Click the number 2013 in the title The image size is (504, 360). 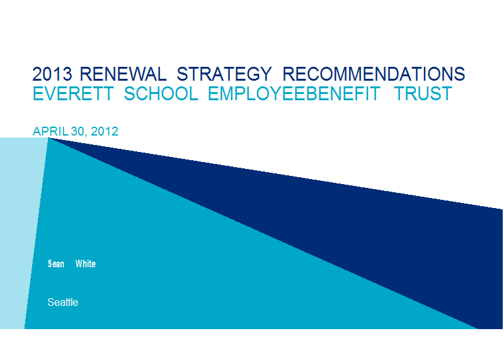[x=52, y=74]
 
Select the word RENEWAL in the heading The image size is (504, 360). [x=123, y=74]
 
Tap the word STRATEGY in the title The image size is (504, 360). [x=224, y=74]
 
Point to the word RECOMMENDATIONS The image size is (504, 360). [x=374, y=74]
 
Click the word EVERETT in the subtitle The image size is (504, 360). [x=73, y=93]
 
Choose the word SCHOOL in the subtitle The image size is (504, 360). [x=161, y=93]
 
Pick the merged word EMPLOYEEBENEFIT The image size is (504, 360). [x=294, y=93]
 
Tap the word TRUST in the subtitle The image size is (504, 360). [x=423, y=93]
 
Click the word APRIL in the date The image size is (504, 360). [x=50, y=131]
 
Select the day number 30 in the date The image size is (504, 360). [x=77, y=131]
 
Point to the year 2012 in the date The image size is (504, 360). [x=105, y=131]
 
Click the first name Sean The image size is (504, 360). [x=56, y=264]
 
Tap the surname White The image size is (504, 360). [x=86, y=264]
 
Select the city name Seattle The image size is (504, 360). [x=62, y=302]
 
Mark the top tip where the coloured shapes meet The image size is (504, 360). [x=49, y=137]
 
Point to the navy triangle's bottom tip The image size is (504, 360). [x=478, y=328]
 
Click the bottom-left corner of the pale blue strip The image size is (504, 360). [x=1, y=328]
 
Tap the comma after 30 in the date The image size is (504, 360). [x=86, y=136]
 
